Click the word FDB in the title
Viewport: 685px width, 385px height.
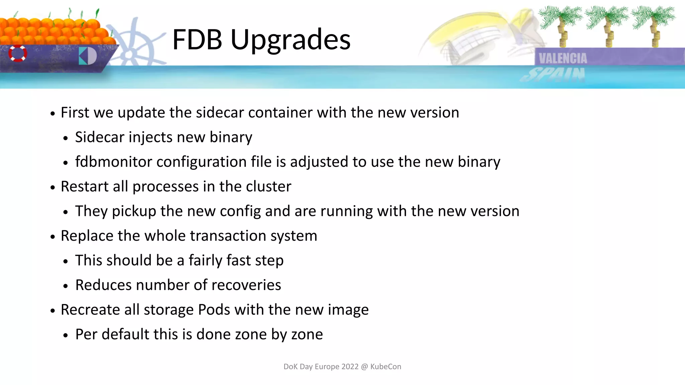pos(197,39)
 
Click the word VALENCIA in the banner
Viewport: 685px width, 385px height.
pos(563,58)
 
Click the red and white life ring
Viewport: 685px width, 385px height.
pos(18,53)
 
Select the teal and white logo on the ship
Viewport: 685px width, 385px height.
pos(88,56)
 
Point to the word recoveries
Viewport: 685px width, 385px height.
pos(246,285)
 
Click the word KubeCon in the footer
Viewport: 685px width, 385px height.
pos(386,367)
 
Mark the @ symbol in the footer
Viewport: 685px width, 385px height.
pos(364,367)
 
